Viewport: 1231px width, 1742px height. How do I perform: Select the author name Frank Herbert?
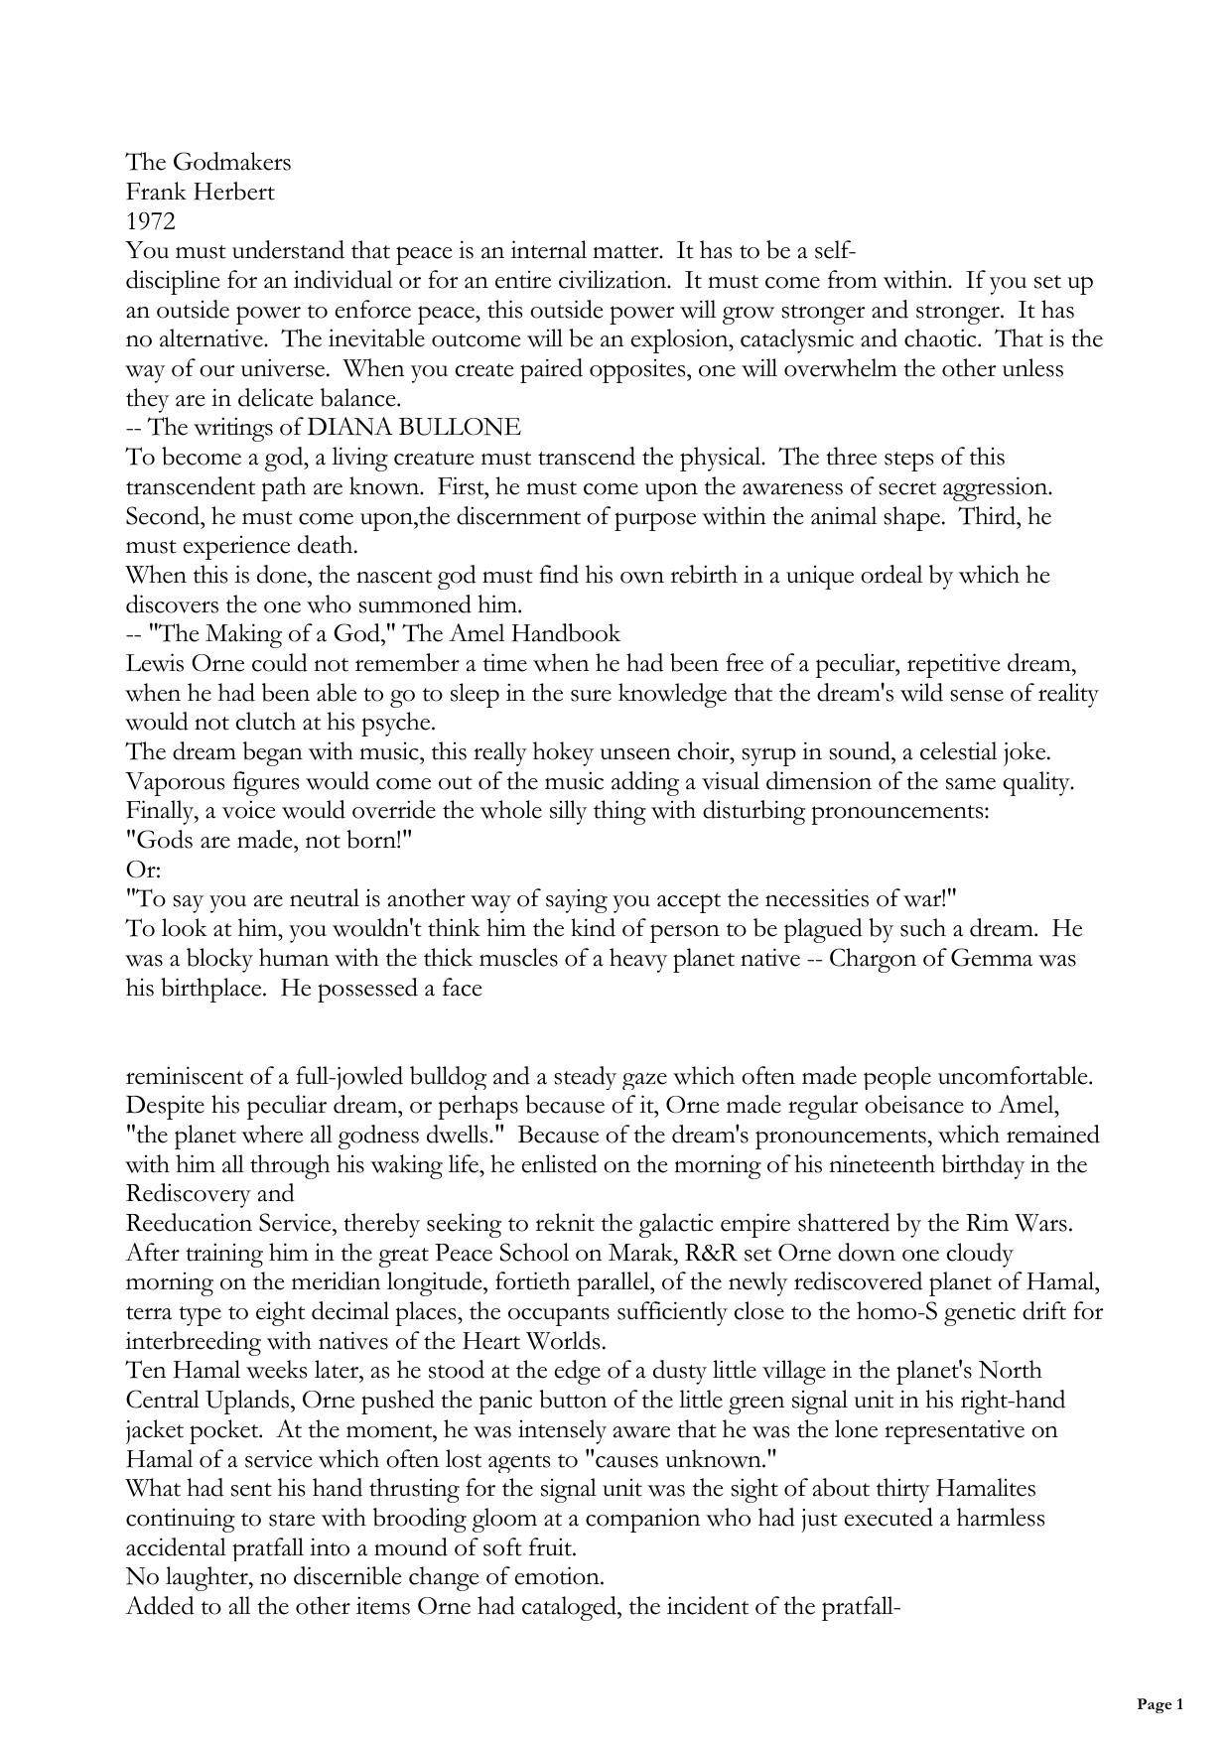point(200,192)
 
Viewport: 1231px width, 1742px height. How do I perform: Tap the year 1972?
point(150,221)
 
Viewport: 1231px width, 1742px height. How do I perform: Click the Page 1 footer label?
point(1161,1705)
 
